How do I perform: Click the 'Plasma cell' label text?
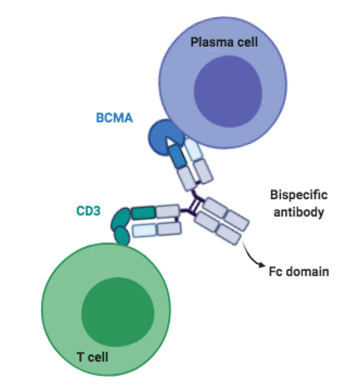(x=224, y=42)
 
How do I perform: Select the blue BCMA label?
(x=114, y=118)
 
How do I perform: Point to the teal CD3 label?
(x=88, y=211)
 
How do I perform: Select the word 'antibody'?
(x=299, y=212)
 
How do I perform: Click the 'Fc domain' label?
(x=299, y=271)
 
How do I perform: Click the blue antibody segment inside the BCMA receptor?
(x=177, y=156)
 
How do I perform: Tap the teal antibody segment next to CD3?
(x=143, y=213)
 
